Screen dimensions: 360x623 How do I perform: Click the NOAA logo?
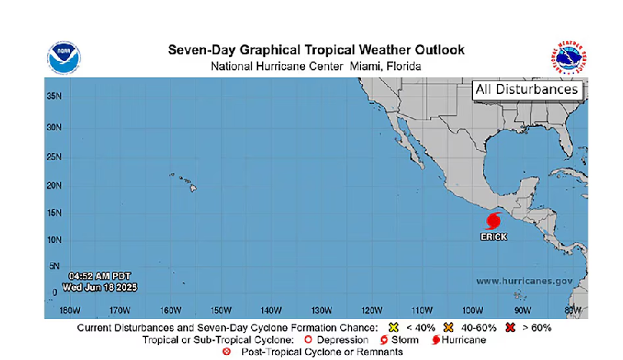pyautogui.click(x=63, y=57)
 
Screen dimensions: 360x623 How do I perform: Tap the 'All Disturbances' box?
pyautogui.click(x=527, y=90)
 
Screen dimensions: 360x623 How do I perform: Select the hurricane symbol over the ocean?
pyautogui.click(x=494, y=221)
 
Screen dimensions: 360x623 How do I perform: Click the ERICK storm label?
pyautogui.click(x=494, y=237)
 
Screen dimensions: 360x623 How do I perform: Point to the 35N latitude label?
pyautogui.click(x=53, y=95)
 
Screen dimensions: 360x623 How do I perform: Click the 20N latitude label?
pyautogui.click(x=53, y=185)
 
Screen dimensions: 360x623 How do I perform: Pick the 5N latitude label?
pyautogui.click(x=54, y=266)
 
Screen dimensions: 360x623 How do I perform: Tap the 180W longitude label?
pyautogui.click(x=69, y=311)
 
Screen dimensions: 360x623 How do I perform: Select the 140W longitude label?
pyautogui.click(x=271, y=311)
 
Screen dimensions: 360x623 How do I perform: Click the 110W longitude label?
pyautogui.click(x=422, y=311)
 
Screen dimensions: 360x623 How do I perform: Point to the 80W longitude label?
pyautogui.click(x=572, y=311)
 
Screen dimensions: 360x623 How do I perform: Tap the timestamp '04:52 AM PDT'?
pyautogui.click(x=98, y=275)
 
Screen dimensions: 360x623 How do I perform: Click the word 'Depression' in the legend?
pyautogui.click(x=341, y=339)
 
